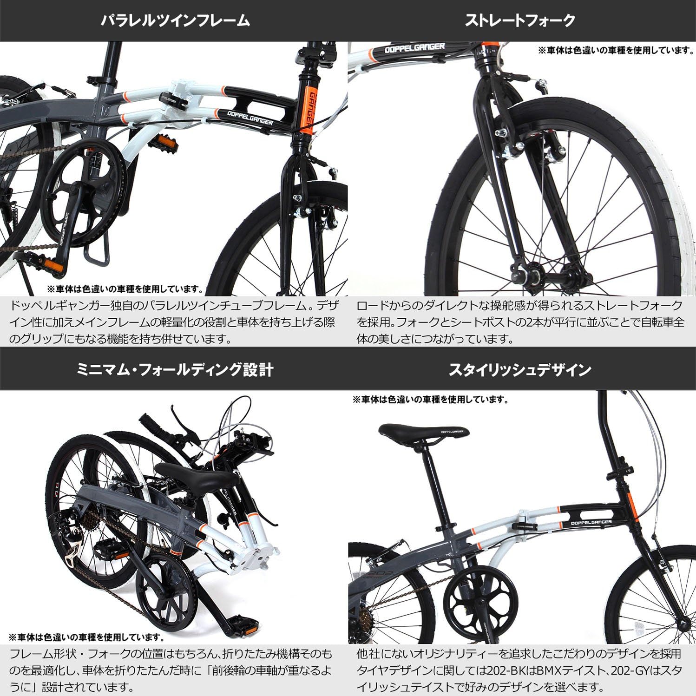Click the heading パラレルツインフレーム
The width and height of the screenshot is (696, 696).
tap(175, 21)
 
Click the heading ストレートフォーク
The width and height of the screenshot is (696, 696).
tap(520, 21)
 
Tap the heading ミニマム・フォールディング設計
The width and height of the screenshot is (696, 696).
tap(175, 370)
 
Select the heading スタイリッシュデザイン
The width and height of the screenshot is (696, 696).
tap(520, 370)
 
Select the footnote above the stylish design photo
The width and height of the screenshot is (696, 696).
tap(430, 399)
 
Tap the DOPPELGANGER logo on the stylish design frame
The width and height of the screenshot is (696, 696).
tap(591, 522)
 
